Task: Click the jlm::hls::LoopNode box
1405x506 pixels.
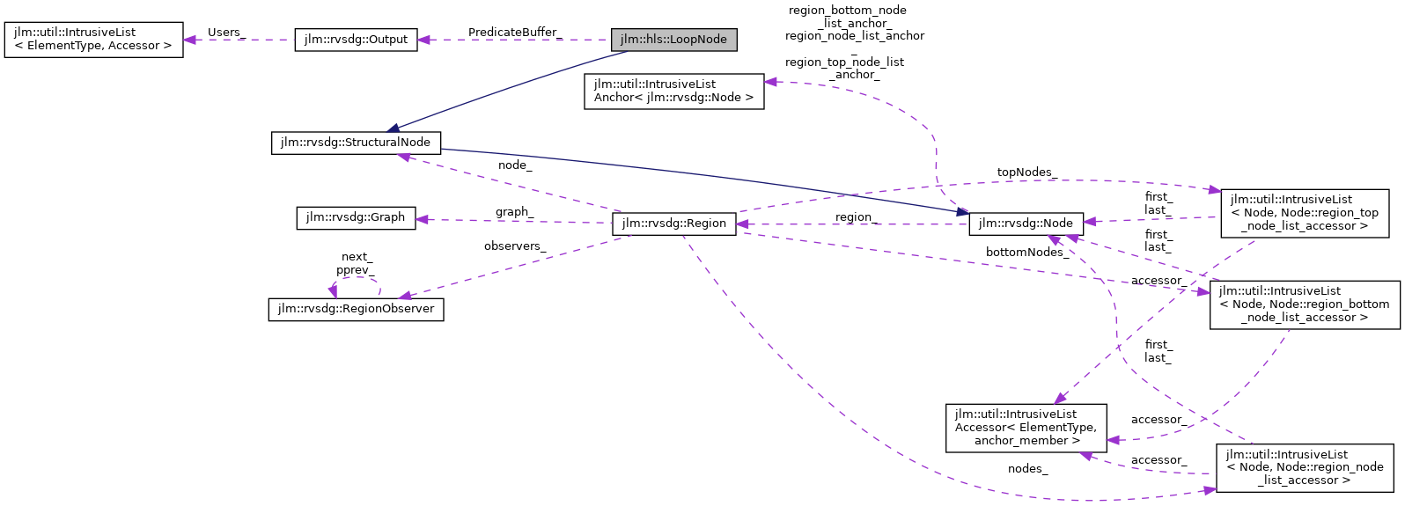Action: [x=673, y=40]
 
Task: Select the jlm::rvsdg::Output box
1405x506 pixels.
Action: [x=356, y=40]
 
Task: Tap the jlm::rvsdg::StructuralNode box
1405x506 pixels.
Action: [x=356, y=143]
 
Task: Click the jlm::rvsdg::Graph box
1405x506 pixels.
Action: [x=356, y=217]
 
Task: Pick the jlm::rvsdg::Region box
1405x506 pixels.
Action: [x=673, y=224]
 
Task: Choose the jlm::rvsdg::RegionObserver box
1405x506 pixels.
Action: [x=356, y=309]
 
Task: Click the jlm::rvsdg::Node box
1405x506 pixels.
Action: [x=1026, y=224]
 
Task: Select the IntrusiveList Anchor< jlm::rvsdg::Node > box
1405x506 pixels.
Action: [x=673, y=92]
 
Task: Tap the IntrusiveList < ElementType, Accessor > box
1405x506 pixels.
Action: [x=93, y=40]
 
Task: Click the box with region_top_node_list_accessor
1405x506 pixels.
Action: [x=1304, y=213]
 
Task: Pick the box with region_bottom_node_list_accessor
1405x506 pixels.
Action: [x=1304, y=304]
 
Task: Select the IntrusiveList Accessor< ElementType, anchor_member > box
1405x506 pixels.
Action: [x=1026, y=428]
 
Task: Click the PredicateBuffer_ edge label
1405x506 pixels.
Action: [x=514, y=33]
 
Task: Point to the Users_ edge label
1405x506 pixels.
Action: [x=226, y=33]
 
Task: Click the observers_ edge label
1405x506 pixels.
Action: [x=514, y=246]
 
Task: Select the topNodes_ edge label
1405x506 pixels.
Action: [x=1026, y=172]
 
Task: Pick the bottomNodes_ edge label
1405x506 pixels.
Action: [x=1025, y=253]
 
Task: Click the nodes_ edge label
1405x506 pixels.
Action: [x=1027, y=469]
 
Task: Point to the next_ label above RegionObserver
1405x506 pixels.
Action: [x=357, y=257]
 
